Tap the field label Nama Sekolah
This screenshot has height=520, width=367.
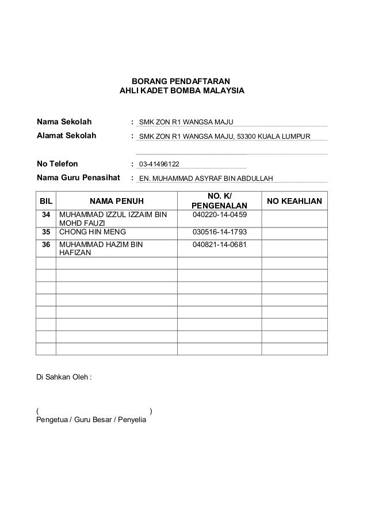[64, 122]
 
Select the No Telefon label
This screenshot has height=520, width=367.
[57, 164]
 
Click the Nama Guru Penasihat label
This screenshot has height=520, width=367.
[78, 178]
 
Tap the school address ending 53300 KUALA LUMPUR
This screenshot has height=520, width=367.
[225, 136]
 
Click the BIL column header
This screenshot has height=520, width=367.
[45, 201]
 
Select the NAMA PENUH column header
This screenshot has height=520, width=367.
[117, 201]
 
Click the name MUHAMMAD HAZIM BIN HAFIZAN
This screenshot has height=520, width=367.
[101, 249]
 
